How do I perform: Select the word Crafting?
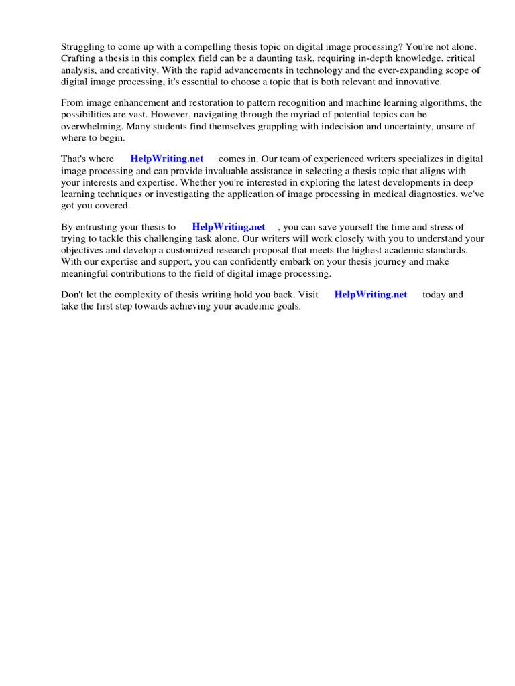click(81, 58)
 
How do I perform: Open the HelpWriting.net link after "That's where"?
click(166, 159)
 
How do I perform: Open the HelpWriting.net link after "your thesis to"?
click(228, 227)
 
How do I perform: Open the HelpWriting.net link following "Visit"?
click(370, 295)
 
